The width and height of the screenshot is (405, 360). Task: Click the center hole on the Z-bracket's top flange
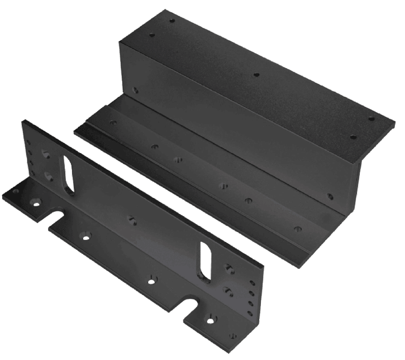pyautogui.click(x=256, y=74)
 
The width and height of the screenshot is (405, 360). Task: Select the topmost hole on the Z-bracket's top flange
pyautogui.click(x=172, y=21)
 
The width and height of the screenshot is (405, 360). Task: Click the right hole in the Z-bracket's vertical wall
pyautogui.click(x=330, y=196)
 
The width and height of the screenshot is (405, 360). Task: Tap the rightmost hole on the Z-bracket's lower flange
pyautogui.click(x=297, y=228)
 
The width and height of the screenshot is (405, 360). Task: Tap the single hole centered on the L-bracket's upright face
pyautogui.click(x=132, y=219)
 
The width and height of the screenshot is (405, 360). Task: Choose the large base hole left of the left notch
pyautogui.click(x=37, y=203)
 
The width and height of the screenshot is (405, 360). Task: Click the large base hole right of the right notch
pyautogui.click(x=211, y=320)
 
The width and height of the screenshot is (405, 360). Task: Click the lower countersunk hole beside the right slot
pyautogui.click(x=227, y=290)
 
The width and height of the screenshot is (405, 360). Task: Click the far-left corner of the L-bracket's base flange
pyautogui.click(x=3, y=195)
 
